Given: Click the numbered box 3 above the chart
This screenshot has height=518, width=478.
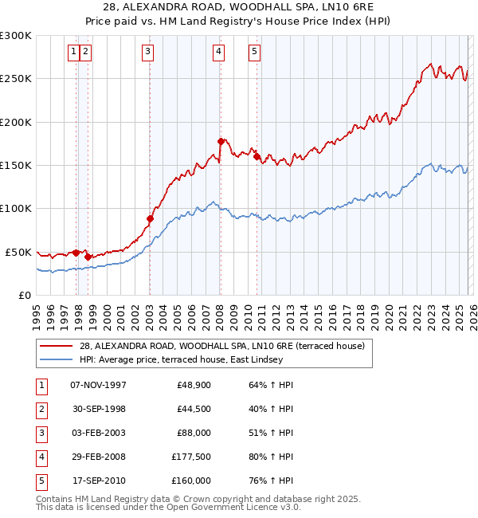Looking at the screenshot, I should click(x=148, y=53).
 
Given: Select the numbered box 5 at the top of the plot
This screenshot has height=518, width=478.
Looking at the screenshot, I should click(x=254, y=53).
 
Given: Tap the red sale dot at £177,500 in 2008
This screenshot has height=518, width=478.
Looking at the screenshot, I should click(x=221, y=141).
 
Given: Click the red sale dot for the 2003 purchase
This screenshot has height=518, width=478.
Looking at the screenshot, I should click(x=150, y=218).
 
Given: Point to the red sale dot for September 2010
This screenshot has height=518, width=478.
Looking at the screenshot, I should click(x=257, y=156).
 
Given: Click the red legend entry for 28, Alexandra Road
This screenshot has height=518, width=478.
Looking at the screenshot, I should click(x=221, y=346).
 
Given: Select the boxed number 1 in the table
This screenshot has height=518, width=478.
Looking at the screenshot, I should click(x=41, y=385).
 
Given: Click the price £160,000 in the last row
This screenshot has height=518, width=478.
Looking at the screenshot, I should click(x=191, y=481).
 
